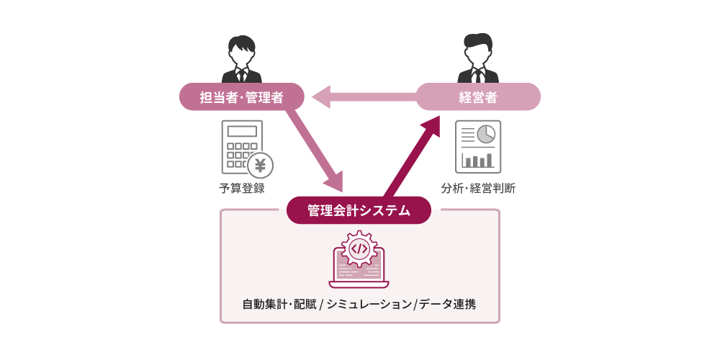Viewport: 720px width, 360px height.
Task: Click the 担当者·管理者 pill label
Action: [241, 97]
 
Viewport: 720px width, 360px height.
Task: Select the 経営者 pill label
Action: [478, 97]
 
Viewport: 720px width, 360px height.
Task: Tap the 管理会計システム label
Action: [359, 210]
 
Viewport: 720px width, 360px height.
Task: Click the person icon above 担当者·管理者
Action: [241, 59]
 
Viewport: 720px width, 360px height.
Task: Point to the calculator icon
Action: [243, 147]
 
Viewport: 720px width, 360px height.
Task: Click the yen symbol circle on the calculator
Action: [260, 166]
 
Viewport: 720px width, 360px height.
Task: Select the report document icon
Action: [478, 147]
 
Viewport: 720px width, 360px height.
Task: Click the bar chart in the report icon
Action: [478, 159]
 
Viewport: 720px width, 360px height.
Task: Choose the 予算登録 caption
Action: [242, 189]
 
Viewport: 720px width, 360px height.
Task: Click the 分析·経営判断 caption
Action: [478, 189]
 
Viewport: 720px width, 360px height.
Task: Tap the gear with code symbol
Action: [359, 248]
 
